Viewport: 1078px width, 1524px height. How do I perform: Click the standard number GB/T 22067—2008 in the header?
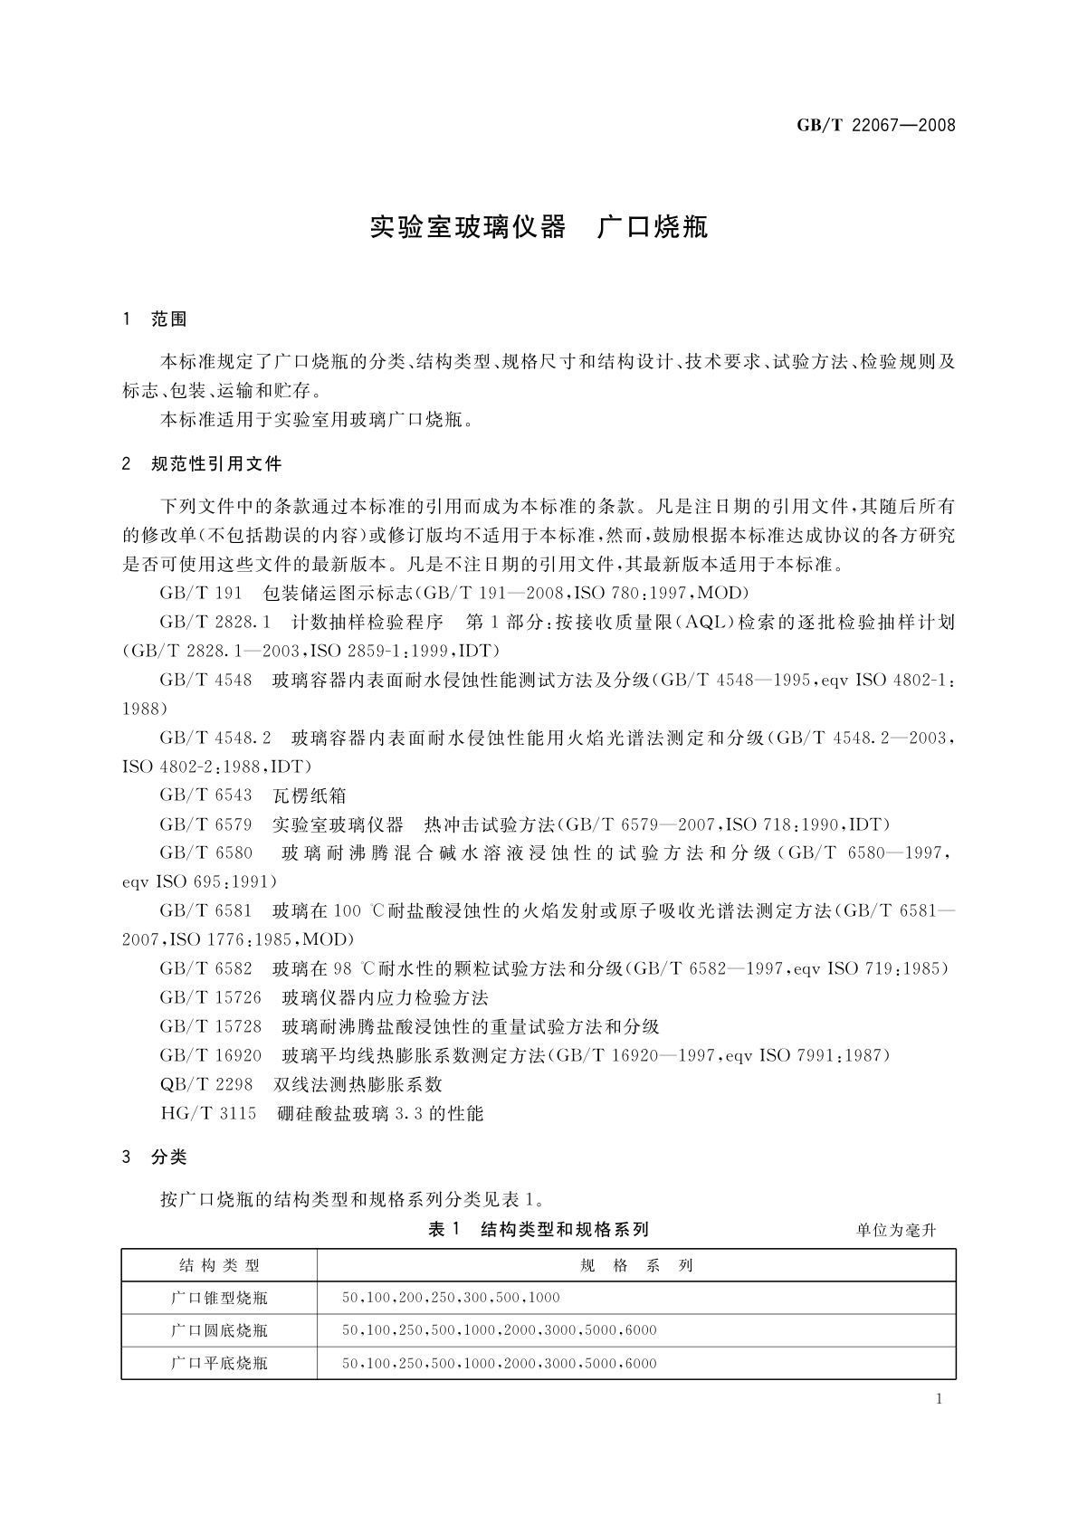[875, 126]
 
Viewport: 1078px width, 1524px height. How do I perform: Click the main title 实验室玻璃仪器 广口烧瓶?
[539, 227]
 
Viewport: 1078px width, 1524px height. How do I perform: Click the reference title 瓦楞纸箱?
[310, 795]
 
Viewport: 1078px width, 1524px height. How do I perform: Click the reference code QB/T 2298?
[205, 1084]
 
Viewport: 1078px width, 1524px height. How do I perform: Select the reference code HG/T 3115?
[208, 1113]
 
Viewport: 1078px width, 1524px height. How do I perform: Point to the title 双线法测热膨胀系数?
[358, 1084]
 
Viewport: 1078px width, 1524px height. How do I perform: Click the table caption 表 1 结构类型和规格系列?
[539, 1229]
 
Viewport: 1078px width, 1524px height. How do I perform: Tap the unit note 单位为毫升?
[896, 1230]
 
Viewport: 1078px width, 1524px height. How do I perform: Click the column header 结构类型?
[219, 1266]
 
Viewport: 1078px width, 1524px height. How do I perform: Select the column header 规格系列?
[636, 1266]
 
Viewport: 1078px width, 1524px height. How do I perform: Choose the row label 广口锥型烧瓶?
[219, 1299]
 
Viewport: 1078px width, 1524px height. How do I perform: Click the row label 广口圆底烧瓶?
[219, 1331]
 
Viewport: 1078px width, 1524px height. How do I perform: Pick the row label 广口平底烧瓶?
[219, 1364]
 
